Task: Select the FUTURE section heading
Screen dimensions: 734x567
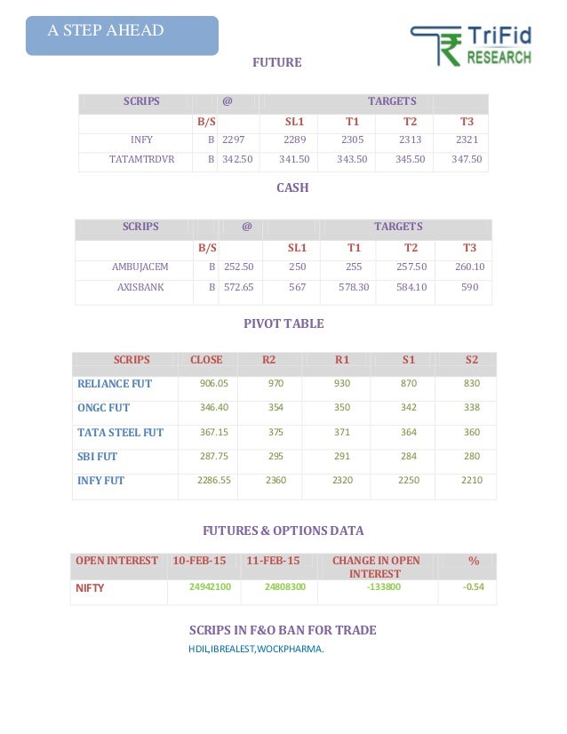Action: [x=277, y=63]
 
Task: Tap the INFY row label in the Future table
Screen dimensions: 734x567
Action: [x=141, y=140]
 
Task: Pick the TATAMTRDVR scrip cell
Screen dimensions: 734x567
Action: [x=141, y=160]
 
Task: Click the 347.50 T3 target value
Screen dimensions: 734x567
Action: [x=467, y=160]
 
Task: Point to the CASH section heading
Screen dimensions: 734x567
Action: [x=292, y=188]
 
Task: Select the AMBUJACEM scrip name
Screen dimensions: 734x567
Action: [x=140, y=267]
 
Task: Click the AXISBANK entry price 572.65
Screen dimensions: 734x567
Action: [x=238, y=287]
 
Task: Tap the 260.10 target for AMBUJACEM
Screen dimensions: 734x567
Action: [x=469, y=267]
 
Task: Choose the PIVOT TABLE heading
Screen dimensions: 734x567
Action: [x=283, y=323]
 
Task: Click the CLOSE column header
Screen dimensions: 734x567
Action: [x=207, y=360]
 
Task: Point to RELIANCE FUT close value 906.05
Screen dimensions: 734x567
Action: [x=214, y=384]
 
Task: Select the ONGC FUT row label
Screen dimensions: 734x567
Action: [x=104, y=408]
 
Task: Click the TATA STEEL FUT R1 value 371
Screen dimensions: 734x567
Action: [x=342, y=432]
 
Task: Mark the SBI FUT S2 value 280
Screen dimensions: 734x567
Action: [x=471, y=456]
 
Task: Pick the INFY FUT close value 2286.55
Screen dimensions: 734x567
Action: [x=214, y=480]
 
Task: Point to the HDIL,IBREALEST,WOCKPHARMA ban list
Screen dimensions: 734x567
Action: [x=256, y=649]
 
